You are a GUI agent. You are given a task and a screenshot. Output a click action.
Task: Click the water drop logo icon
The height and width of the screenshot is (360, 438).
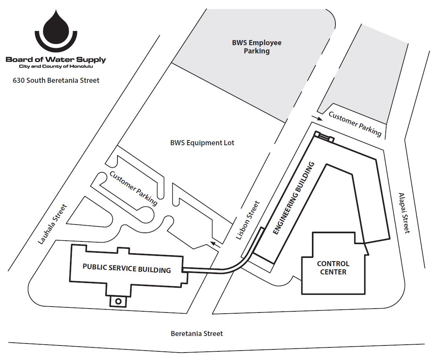(x=56, y=29)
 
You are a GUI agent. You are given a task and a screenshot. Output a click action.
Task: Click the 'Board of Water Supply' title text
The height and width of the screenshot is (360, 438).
(x=56, y=60)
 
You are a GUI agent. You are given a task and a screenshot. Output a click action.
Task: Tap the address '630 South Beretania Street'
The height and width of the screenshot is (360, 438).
(x=56, y=80)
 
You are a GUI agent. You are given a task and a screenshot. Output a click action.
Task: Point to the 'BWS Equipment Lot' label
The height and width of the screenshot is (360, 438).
(x=202, y=143)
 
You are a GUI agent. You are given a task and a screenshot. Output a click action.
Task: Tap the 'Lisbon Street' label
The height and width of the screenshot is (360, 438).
(x=247, y=220)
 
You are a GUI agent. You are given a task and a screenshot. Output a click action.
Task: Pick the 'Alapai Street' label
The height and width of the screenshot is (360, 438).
(x=404, y=213)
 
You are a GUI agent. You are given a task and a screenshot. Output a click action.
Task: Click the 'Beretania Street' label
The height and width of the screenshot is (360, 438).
(x=197, y=334)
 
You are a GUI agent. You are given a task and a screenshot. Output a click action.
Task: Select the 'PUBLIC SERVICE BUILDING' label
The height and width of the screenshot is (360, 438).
(x=126, y=269)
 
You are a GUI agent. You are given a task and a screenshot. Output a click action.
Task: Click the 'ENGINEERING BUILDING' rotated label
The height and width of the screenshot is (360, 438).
(x=294, y=198)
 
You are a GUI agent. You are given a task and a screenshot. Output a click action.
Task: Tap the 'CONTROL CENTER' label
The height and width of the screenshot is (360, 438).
(x=333, y=267)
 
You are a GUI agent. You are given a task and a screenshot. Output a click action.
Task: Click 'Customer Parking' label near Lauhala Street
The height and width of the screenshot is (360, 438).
(x=134, y=188)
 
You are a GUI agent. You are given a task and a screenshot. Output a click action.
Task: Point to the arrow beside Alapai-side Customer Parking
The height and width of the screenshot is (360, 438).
(x=316, y=117)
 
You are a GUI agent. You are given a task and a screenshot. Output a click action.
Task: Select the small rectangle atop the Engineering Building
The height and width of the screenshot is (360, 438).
(x=324, y=137)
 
